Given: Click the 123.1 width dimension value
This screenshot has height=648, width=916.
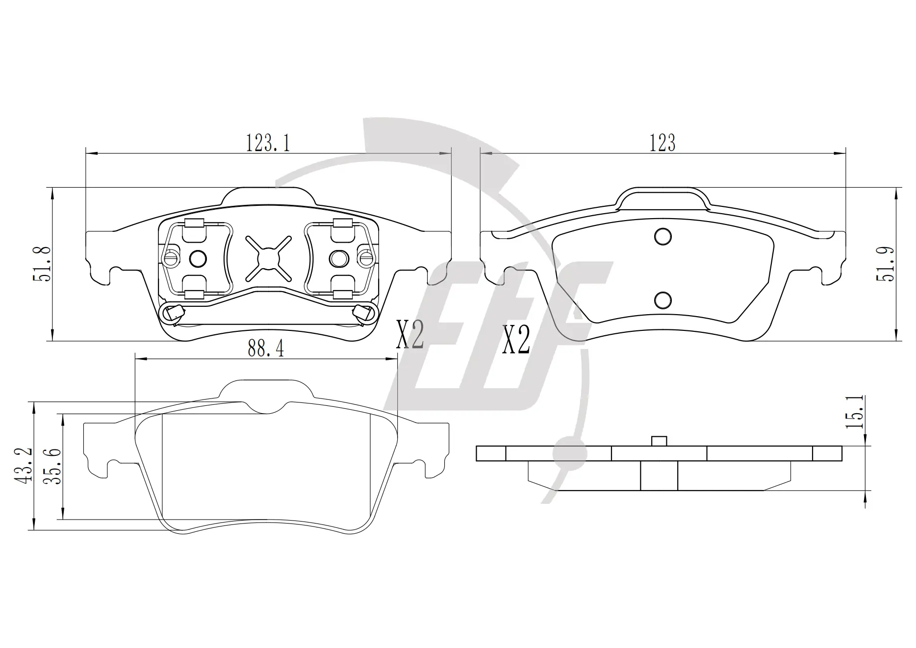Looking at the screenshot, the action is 268,143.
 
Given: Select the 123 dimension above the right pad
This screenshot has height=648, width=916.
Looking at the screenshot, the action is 662,143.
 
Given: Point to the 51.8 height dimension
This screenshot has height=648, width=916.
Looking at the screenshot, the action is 42,264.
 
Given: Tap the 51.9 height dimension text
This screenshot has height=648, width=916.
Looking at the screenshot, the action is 886,264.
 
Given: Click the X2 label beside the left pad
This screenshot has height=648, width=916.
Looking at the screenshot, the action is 410,335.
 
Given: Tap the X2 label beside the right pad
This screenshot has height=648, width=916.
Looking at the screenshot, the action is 516,340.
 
